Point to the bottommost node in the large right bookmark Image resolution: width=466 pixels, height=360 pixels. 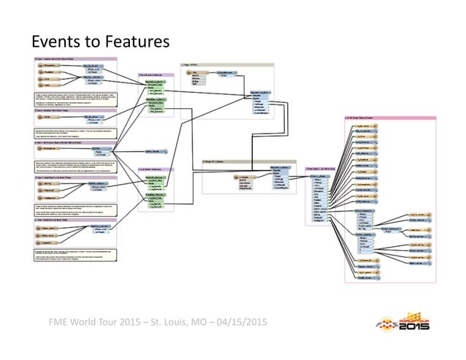365,277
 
